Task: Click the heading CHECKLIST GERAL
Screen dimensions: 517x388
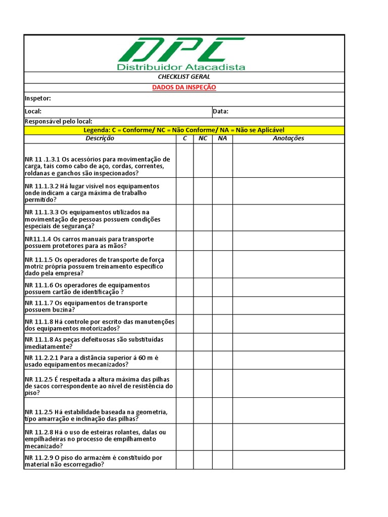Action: [184, 77]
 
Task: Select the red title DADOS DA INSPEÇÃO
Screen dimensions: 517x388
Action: [184, 87]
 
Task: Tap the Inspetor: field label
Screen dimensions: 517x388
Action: [38, 98]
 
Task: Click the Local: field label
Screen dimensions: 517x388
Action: [33, 111]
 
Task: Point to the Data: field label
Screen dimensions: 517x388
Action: [221, 111]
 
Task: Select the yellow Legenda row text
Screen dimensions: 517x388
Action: [184, 130]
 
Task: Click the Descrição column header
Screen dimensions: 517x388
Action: [100, 138]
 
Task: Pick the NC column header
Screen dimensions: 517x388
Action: [203, 138]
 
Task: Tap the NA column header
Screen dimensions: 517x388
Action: [222, 138]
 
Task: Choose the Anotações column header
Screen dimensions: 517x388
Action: [288, 138]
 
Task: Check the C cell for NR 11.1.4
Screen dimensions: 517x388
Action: [185, 241]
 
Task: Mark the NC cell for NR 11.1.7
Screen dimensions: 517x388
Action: [203, 305]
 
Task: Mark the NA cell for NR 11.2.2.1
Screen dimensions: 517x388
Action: [222, 360]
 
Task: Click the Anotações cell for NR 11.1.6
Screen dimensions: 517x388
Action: [288, 287]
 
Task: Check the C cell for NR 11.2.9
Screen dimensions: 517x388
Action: [185, 460]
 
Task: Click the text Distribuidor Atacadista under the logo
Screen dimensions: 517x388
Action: [181, 67]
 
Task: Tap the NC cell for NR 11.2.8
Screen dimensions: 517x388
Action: [203, 437]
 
